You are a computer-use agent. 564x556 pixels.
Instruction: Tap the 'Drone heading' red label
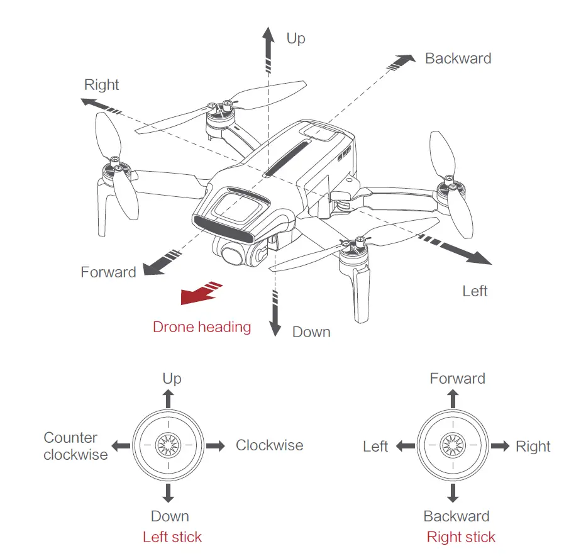click(x=202, y=327)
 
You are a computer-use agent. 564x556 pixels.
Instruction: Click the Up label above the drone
click(x=296, y=38)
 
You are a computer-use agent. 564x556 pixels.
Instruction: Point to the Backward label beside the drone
click(x=458, y=58)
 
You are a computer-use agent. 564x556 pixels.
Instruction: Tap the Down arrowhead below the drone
click(x=274, y=327)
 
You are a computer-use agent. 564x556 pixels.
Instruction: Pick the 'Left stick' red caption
click(x=172, y=537)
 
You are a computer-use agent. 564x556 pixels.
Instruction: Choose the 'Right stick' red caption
click(x=461, y=537)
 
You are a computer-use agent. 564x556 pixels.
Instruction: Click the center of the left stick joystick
click(x=168, y=446)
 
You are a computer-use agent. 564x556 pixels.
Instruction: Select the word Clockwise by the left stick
click(x=269, y=445)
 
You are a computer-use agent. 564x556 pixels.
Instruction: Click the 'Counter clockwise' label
click(x=74, y=446)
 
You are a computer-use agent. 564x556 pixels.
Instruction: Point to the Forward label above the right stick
click(x=457, y=379)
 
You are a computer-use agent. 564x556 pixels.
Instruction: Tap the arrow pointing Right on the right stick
click(x=501, y=446)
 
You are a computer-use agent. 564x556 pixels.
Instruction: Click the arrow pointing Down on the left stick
click(x=168, y=493)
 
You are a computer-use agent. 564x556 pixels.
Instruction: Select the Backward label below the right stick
click(x=456, y=516)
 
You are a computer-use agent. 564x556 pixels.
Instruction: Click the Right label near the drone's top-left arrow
click(x=102, y=85)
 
